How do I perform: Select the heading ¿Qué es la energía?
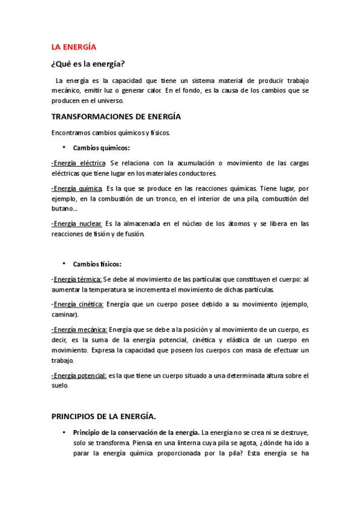coord(91,64)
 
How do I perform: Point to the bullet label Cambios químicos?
coord(102,147)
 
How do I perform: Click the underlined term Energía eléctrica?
coord(79,163)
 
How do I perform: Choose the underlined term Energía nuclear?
coord(78,224)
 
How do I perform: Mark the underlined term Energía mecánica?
coord(79,330)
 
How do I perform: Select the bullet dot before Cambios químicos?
coord(63,147)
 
